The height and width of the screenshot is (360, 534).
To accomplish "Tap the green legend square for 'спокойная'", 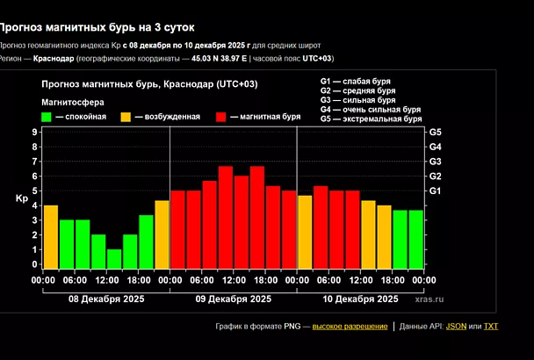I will click(47, 116).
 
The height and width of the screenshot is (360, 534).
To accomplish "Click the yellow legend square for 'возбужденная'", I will click(126, 116).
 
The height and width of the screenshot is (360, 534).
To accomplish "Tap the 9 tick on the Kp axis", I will click(34, 132).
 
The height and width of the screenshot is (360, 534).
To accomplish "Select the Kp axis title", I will click(21, 198).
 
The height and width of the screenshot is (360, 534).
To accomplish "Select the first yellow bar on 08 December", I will click(51, 236).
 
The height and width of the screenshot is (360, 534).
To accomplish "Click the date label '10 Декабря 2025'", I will click(361, 299).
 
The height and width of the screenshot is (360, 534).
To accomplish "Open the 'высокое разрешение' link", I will click(350, 327).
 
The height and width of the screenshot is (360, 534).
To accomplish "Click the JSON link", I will click(456, 327).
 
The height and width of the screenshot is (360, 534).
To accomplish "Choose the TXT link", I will click(490, 327).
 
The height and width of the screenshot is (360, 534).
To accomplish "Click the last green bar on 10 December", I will click(415, 239).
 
